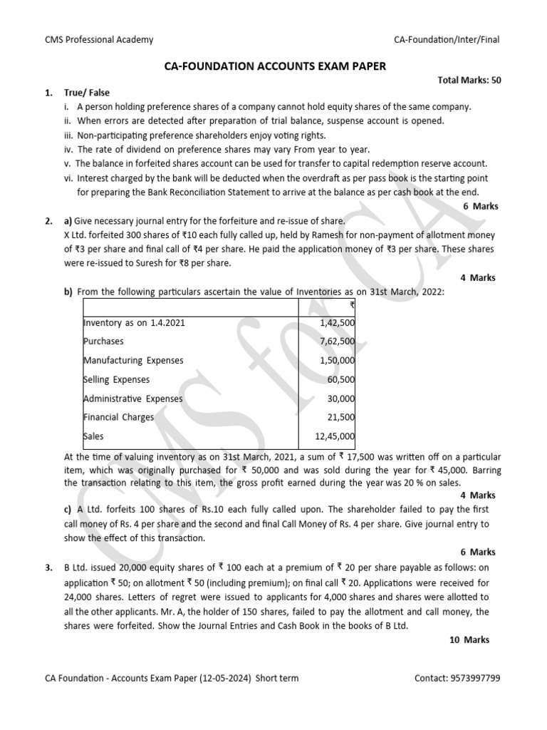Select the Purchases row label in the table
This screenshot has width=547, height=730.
(x=103, y=341)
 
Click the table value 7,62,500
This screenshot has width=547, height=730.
(x=338, y=341)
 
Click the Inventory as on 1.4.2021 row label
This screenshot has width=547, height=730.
(x=134, y=323)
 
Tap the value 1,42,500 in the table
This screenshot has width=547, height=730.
(x=338, y=323)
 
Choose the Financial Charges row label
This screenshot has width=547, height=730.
(x=118, y=418)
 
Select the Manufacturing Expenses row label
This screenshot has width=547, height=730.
(x=133, y=361)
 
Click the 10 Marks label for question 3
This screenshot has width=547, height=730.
(x=469, y=640)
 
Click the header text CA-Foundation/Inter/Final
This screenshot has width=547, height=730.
(x=447, y=40)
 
